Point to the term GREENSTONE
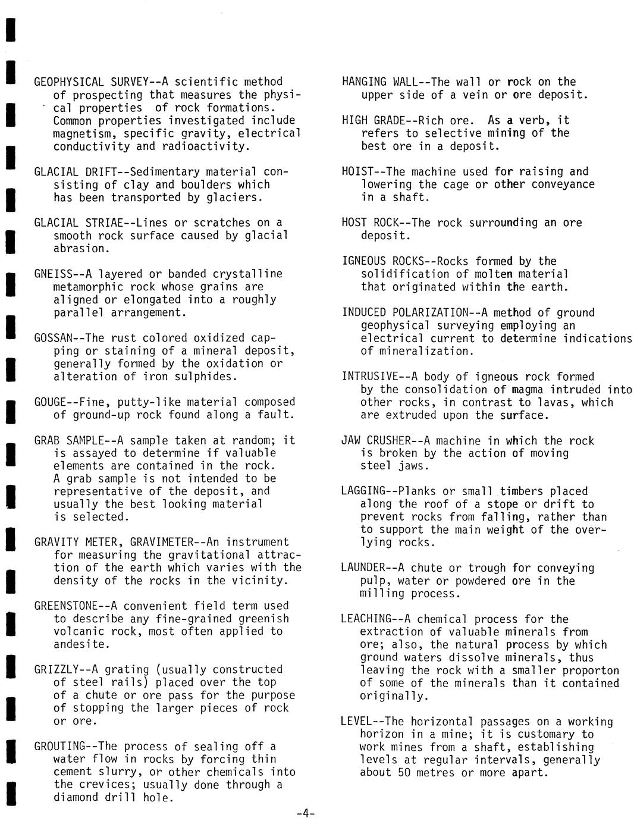[66, 606]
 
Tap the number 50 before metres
[399, 773]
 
